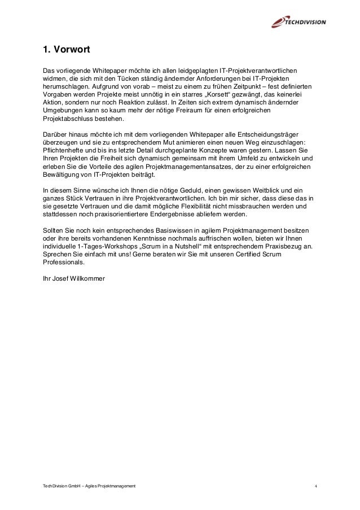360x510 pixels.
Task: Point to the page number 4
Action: [x=316, y=486]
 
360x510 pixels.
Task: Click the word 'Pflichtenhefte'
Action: [x=63, y=151]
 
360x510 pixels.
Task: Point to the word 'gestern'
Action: [x=253, y=151]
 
